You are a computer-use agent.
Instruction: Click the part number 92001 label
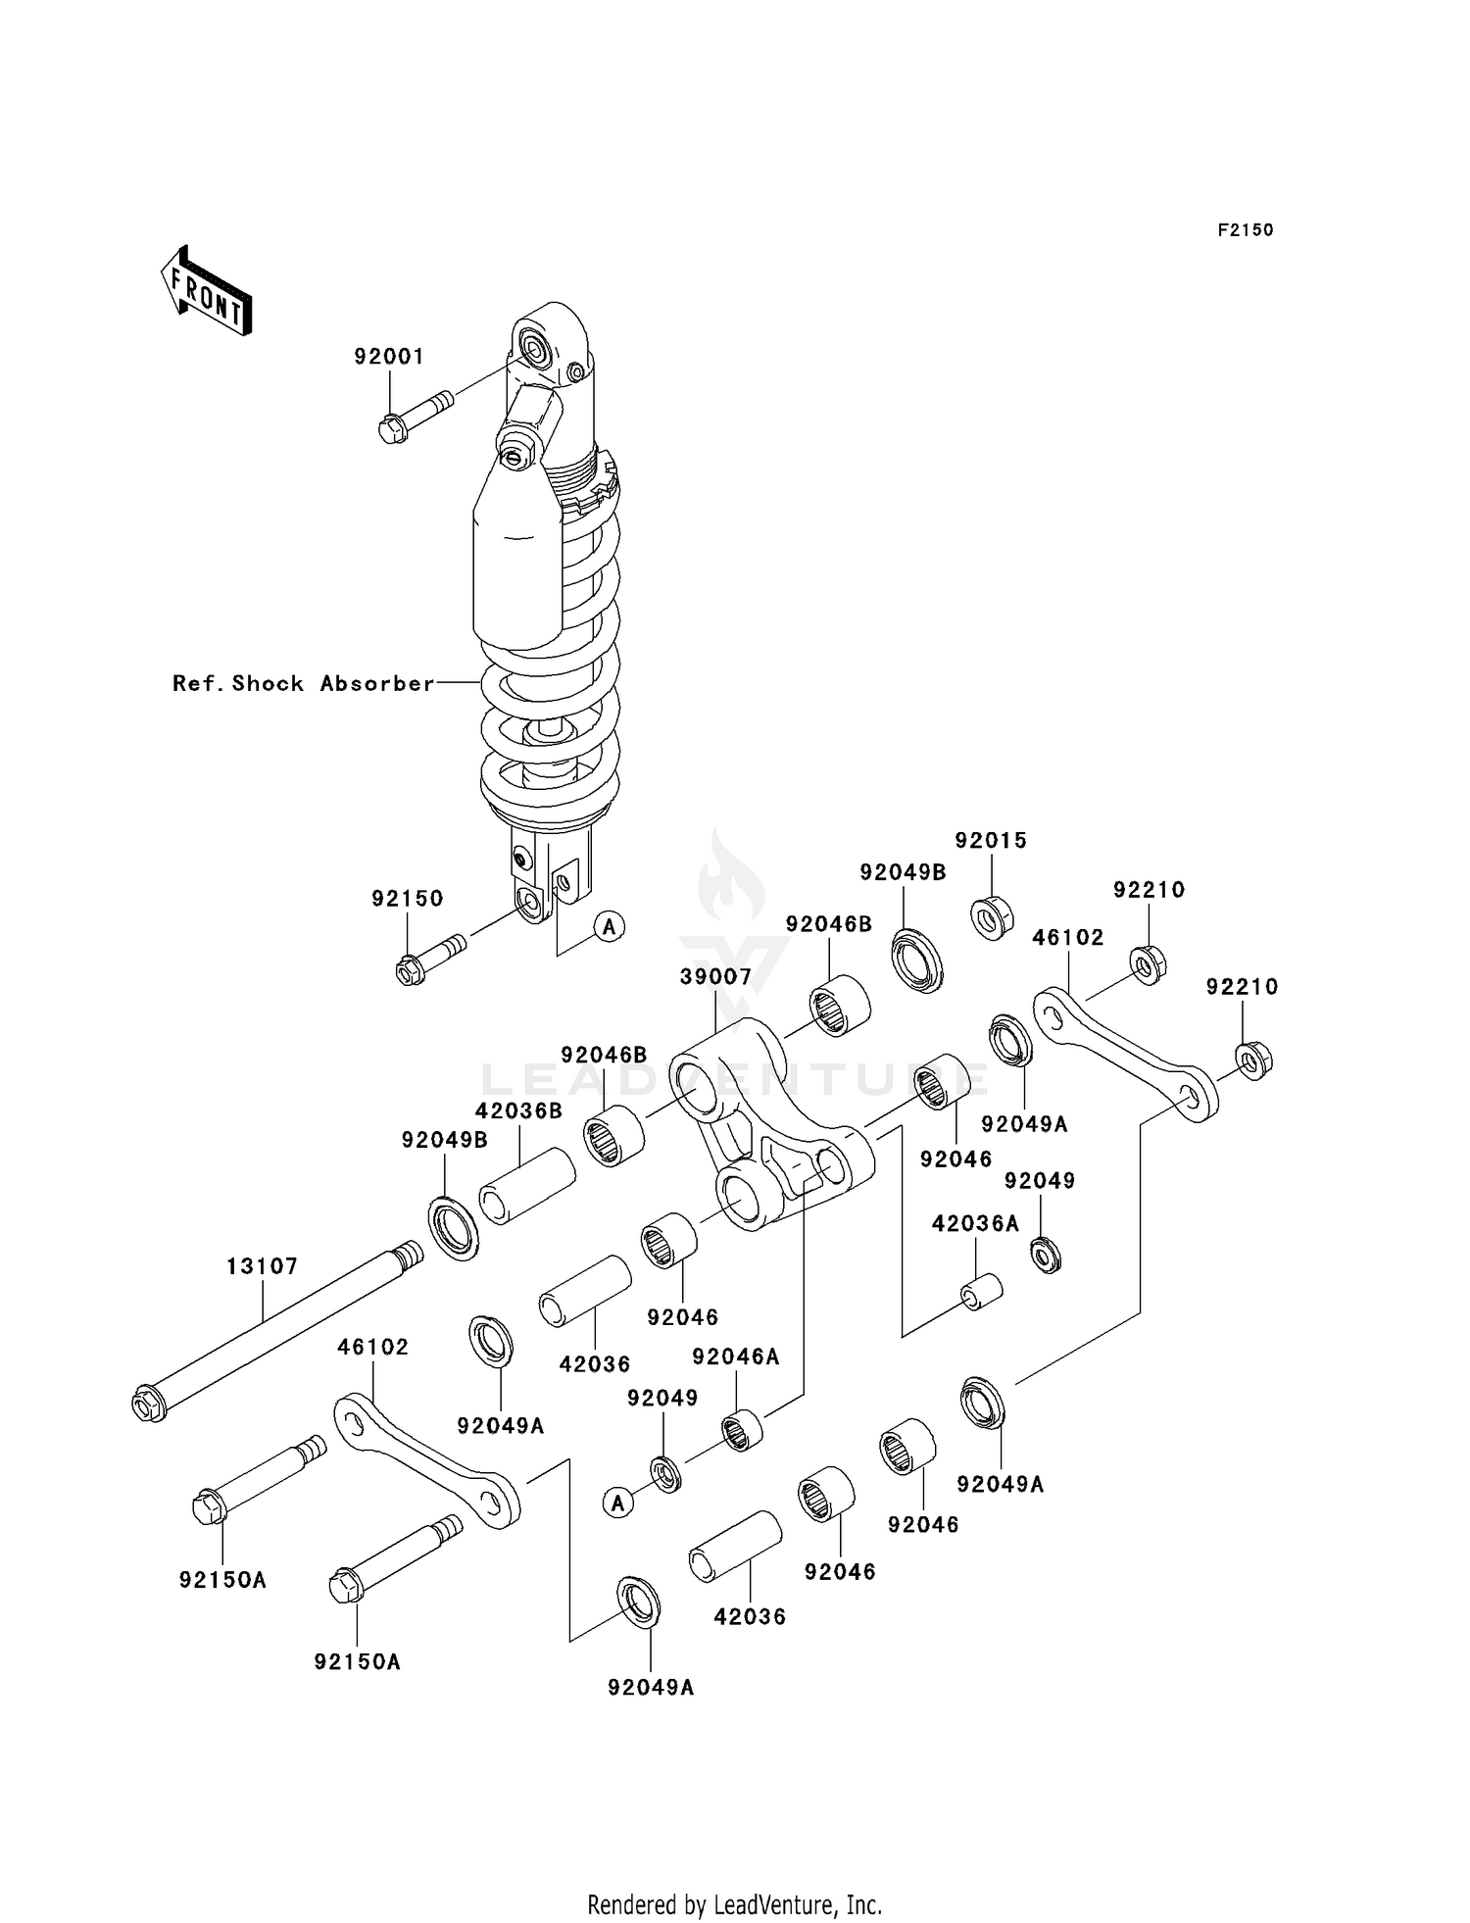tap(389, 357)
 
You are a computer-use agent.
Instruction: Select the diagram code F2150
tap(1245, 230)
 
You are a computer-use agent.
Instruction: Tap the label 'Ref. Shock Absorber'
tap(303, 683)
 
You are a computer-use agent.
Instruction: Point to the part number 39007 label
tap(715, 976)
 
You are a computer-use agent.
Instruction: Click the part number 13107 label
tap(262, 1266)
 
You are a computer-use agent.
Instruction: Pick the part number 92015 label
tap(991, 840)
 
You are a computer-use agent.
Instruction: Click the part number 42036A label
tap(975, 1223)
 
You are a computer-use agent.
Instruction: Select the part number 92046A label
tap(736, 1356)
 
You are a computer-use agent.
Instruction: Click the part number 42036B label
tap(518, 1110)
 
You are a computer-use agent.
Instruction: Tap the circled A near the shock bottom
tap(610, 925)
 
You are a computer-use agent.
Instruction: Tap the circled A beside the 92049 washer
tap(617, 1502)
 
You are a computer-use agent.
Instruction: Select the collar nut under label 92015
tap(992, 916)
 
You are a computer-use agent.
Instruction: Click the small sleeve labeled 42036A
tap(980, 1291)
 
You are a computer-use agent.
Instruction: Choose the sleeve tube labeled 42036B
tap(526, 1186)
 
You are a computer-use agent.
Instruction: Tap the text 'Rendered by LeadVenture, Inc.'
tap(734, 1905)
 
